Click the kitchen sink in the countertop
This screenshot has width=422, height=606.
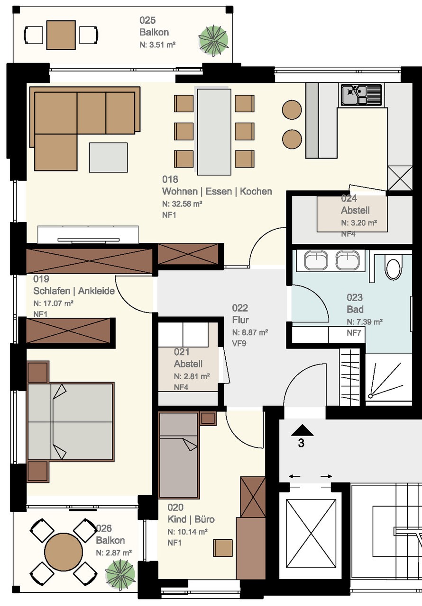click(x=361, y=95)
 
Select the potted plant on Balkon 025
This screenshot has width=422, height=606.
click(x=213, y=41)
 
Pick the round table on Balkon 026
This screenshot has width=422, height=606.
click(x=64, y=552)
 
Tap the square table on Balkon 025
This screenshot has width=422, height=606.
click(x=61, y=35)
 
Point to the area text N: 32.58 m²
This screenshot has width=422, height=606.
click(x=182, y=204)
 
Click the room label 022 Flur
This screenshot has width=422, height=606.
click(x=240, y=314)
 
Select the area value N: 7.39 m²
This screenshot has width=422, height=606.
click(x=365, y=321)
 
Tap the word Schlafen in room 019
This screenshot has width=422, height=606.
click(x=52, y=291)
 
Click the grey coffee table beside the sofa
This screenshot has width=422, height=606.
click(x=108, y=158)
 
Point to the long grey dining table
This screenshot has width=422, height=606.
click(x=214, y=132)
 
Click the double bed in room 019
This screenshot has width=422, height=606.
click(x=71, y=421)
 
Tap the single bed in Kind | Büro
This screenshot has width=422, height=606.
click(x=179, y=455)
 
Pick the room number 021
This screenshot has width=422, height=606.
click(x=182, y=352)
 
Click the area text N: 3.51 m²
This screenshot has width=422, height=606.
click(x=157, y=45)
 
